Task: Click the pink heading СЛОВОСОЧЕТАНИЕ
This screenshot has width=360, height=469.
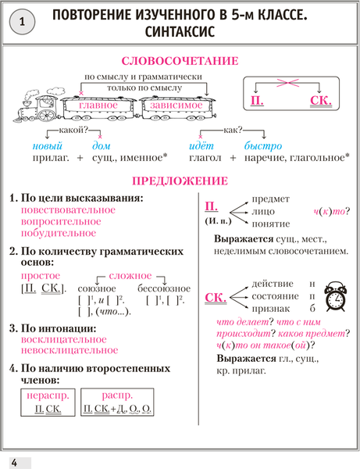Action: coord(180,61)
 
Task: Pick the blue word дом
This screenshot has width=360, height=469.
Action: coord(102,145)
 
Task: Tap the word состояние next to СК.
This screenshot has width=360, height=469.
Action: coord(274,297)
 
